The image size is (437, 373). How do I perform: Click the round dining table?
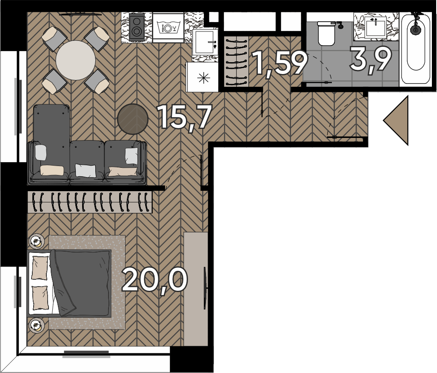(x=75, y=60)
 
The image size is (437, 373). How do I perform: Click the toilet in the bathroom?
(x=326, y=33)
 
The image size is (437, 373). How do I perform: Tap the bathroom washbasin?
(x=375, y=26)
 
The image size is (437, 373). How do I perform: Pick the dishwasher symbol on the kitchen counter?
(x=168, y=28)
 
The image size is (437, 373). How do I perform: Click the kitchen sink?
(x=205, y=42)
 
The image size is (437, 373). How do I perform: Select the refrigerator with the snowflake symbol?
(x=202, y=77)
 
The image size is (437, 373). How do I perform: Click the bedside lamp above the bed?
(x=36, y=241)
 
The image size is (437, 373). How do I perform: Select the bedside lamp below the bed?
(x=36, y=325)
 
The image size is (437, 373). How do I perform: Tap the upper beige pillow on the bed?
(x=39, y=268)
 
